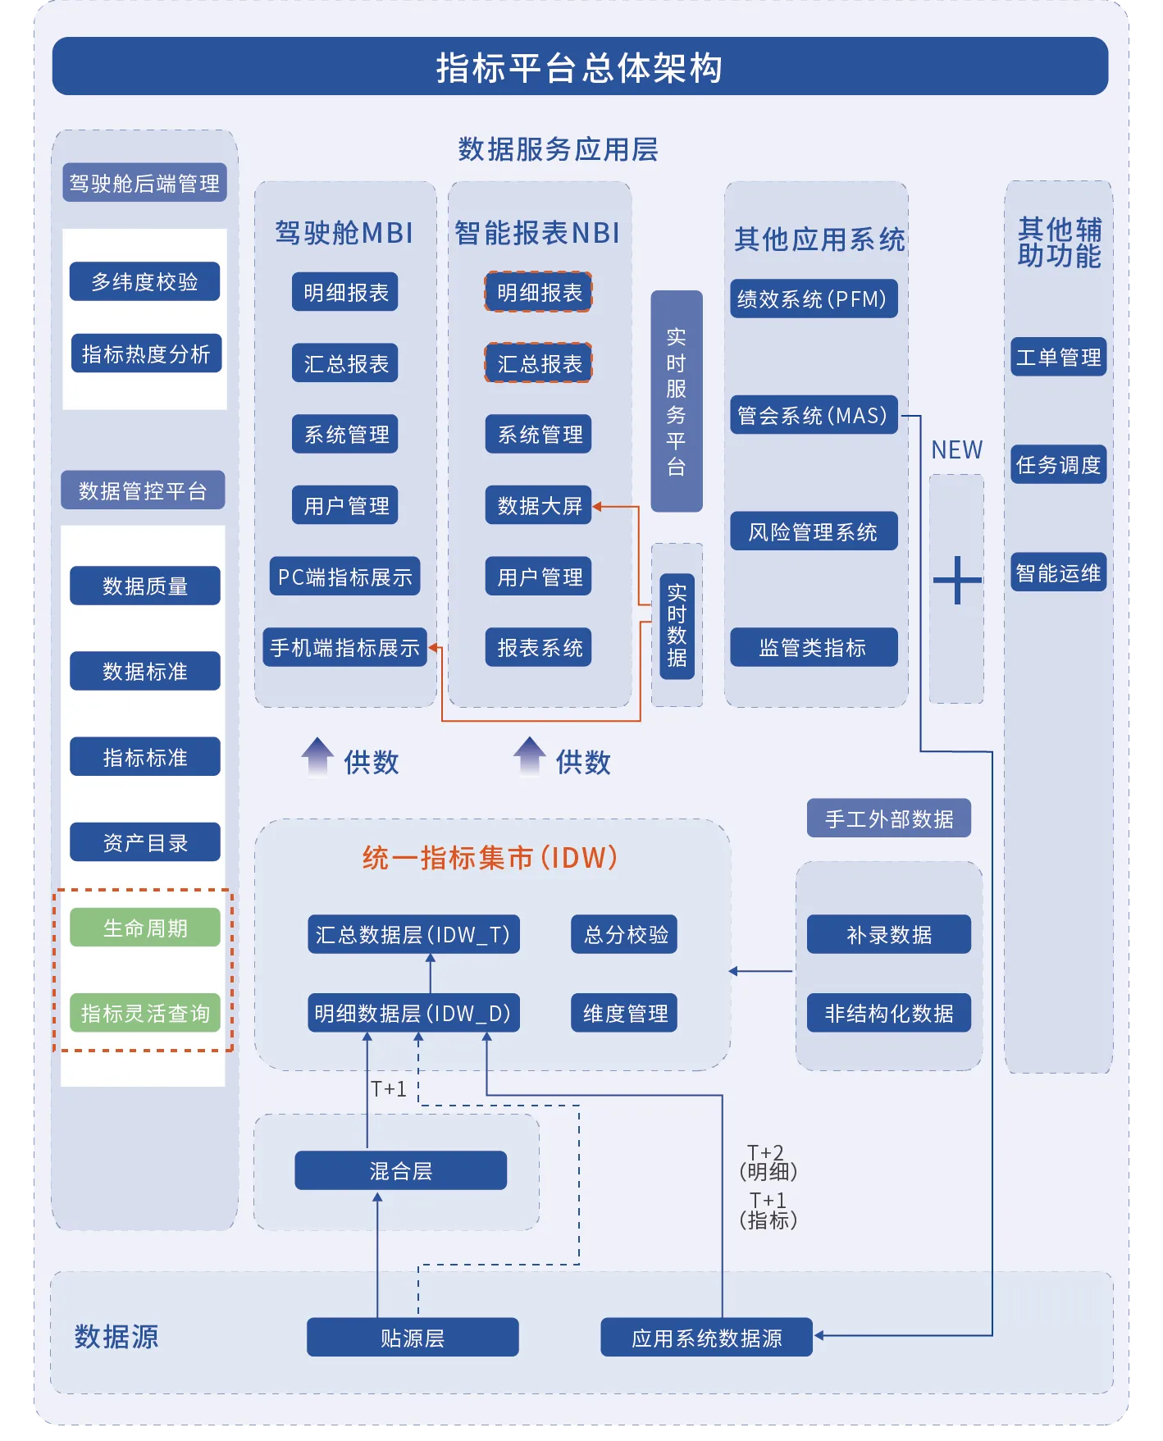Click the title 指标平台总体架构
coord(580,67)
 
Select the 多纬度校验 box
coord(145,282)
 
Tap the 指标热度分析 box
coord(146,353)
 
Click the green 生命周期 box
coord(145,928)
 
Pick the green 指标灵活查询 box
coord(145,1013)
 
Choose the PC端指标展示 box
coord(344,577)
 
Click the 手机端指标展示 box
coord(344,648)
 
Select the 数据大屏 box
coord(539,505)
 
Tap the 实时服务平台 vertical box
coord(677,401)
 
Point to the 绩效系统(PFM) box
coord(813,299)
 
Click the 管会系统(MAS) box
coord(813,415)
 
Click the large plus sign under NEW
coord(957,581)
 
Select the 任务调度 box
coord(1058,465)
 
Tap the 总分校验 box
coord(625,934)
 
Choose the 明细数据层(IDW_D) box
coord(413,1013)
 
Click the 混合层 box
coord(400,1170)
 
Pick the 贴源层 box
coord(413,1338)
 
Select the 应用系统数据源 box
coord(706,1338)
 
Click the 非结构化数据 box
coord(889,1013)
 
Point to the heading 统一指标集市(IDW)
coord(490,858)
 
